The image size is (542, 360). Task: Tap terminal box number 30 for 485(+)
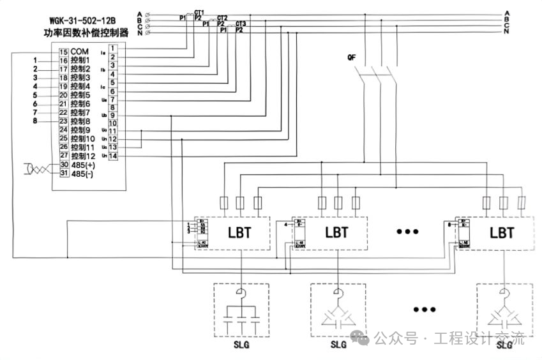point(64,165)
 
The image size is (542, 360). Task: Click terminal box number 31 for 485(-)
point(64,173)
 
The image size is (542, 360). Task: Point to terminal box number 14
point(113,156)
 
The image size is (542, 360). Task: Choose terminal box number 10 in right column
point(113,123)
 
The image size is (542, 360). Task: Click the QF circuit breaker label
point(351,57)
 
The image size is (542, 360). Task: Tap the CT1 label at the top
point(199,12)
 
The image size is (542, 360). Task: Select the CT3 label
point(240,24)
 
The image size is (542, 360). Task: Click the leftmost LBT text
point(240,232)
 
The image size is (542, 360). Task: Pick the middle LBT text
point(336,232)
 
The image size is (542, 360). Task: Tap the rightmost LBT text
point(502,232)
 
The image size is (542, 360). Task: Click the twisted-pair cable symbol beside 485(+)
point(36,169)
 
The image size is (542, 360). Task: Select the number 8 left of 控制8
point(36,121)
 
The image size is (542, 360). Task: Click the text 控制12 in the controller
point(83,156)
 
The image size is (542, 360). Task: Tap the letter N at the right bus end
point(506,31)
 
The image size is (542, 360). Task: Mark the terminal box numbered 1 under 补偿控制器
point(113,48)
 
